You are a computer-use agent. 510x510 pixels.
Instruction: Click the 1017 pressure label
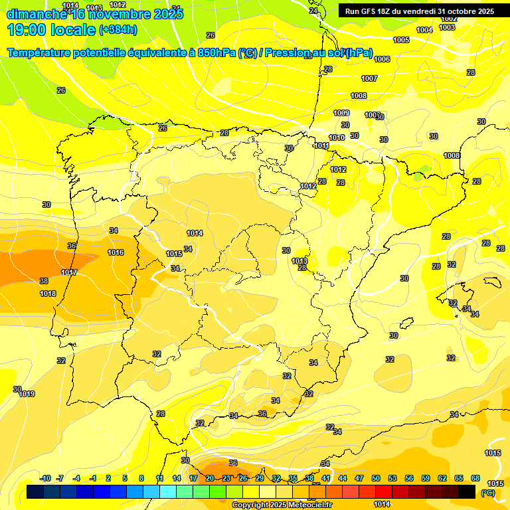[x=69, y=273]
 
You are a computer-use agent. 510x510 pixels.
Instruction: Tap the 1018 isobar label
[x=48, y=294]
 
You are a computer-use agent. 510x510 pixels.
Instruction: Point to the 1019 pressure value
[x=27, y=394]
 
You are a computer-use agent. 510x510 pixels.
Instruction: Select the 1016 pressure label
[x=116, y=252]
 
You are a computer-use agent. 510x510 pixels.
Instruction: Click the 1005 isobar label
[x=401, y=41]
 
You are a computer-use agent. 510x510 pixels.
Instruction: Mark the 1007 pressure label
[x=369, y=78]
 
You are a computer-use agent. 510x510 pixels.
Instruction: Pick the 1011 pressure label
[x=321, y=145]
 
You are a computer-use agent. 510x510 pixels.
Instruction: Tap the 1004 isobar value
[x=424, y=30]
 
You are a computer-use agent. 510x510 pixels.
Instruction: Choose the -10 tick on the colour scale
[x=46, y=478]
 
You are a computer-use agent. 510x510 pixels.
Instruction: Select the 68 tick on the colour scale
[x=475, y=478]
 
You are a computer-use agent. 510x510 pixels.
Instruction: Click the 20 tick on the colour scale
[x=209, y=478]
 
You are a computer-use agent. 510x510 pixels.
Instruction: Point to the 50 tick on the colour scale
[x=376, y=478]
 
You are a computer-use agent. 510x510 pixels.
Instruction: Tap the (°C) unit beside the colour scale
[x=487, y=493]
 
